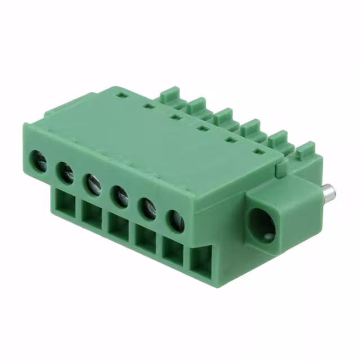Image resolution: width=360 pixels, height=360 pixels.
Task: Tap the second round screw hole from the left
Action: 66,172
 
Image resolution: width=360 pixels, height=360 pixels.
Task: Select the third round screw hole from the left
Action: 93,184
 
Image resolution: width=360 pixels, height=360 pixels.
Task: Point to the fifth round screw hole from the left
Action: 147,209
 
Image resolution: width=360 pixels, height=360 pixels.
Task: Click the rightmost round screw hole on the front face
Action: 175,221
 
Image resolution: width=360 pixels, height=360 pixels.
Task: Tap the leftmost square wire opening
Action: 65,202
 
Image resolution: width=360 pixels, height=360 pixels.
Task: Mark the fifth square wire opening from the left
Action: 173,251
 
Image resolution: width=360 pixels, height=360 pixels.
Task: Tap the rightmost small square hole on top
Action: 258,152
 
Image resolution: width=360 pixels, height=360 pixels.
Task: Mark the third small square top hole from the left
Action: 175,118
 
